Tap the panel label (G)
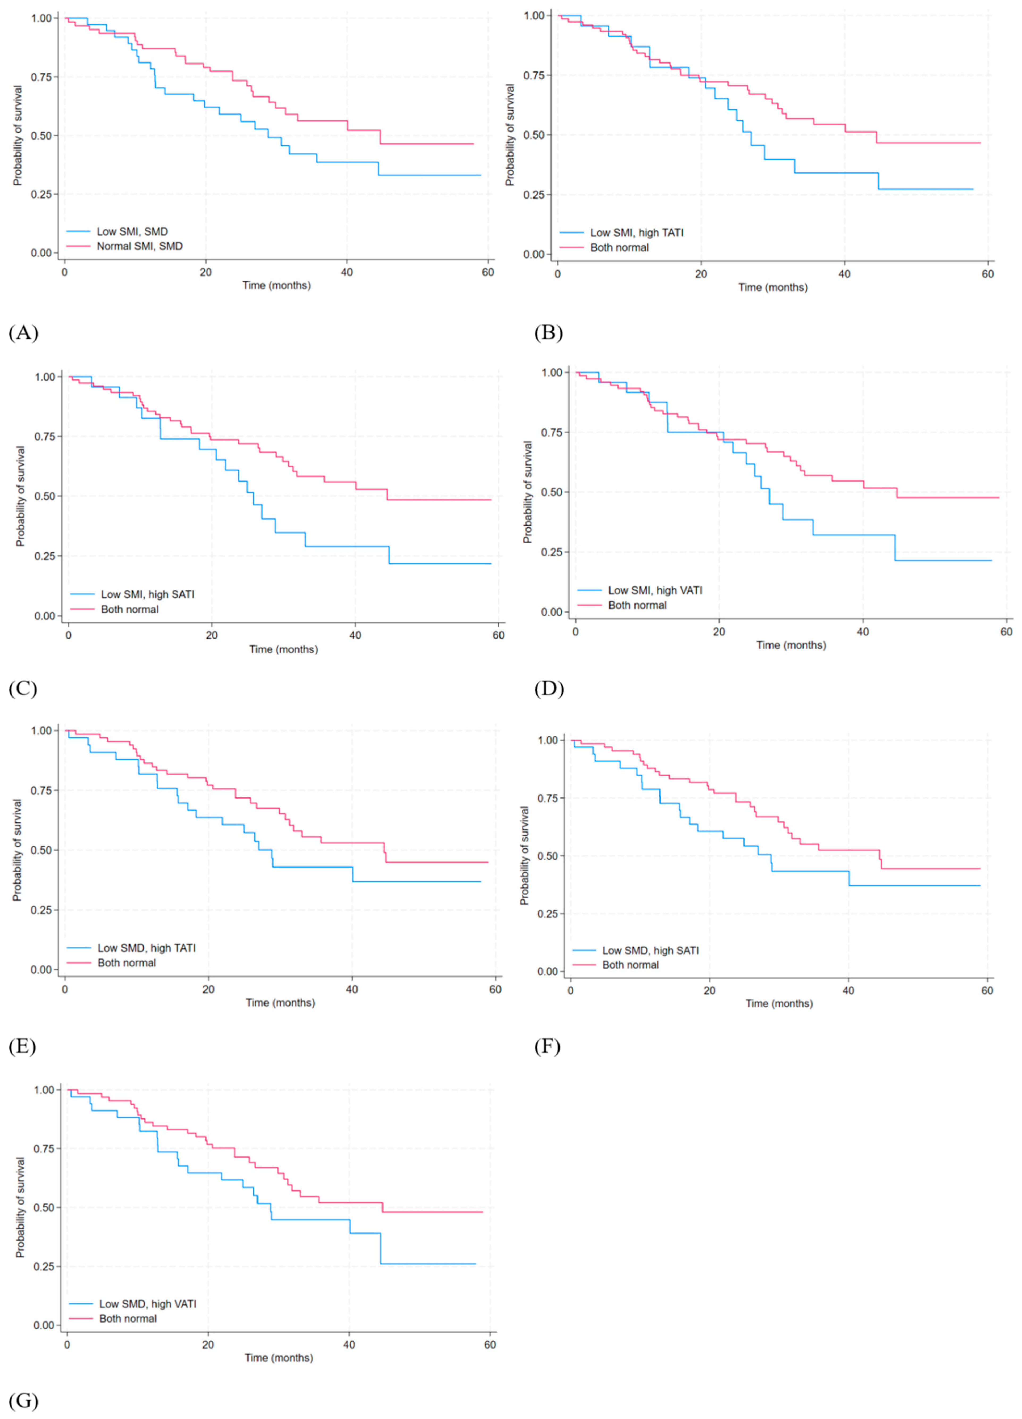click(x=24, y=1400)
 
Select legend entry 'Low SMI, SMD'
click(x=132, y=231)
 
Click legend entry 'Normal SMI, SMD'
click(x=140, y=247)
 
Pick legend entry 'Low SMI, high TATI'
click(x=637, y=233)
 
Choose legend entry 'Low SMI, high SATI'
click(x=148, y=594)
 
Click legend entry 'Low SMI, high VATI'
click(x=655, y=590)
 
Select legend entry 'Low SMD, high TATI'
click(x=146, y=948)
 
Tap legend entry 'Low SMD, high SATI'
click(x=650, y=950)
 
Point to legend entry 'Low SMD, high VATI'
click(x=148, y=1304)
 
